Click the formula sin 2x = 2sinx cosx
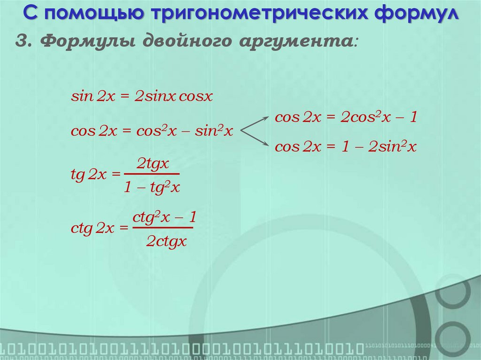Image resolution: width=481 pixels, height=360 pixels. tap(142, 97)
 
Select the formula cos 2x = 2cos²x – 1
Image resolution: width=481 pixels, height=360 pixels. tap(346, 117)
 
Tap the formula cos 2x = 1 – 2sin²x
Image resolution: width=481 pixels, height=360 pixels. tap(346, 147)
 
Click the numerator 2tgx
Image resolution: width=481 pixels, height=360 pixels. tap(152, 164)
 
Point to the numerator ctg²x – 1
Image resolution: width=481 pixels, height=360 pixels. tap(163, 217)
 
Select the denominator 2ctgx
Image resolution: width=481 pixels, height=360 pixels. tap(166, 242)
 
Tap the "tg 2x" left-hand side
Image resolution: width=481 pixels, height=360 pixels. tap(89, 175)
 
